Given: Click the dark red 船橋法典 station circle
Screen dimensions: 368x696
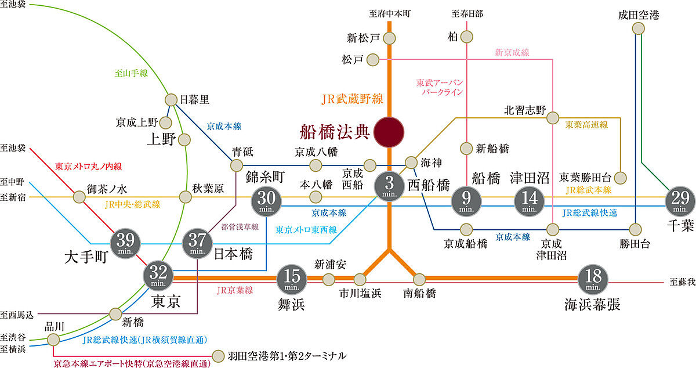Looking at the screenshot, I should [x=389, y=132].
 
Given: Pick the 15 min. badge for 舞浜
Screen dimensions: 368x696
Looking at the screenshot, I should [x=292, y=279].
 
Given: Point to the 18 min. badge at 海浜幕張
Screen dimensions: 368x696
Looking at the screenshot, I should [x=593, y=279].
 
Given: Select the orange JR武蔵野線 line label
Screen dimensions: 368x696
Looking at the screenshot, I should [x=353, y=99].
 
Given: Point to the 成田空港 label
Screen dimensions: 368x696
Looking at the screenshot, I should [x=639, y=15].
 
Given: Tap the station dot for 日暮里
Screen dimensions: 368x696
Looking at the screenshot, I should [x=171, y=100].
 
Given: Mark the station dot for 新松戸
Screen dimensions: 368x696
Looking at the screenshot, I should [x=389, y=38].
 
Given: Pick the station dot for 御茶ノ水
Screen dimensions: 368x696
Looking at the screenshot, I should [x=79, y=197].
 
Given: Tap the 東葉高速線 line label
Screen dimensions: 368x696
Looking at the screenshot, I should [x=586, y=124].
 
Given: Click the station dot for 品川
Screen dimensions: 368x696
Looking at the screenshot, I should [x=53, y=339].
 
